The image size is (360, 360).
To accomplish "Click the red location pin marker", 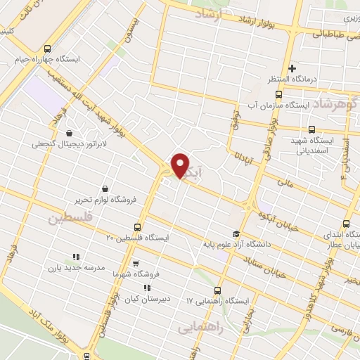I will pos(180,166).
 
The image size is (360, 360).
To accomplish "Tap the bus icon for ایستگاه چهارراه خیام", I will pos(47,49).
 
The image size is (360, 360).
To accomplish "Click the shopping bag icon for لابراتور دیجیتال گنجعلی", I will pos(69,133).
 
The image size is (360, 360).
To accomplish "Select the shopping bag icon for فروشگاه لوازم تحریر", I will pos(105,188).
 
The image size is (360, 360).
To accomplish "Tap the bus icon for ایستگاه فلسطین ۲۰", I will pos(137,227).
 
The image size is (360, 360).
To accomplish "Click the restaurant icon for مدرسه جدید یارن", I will pos(76,257).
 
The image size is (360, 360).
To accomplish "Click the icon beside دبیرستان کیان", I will pos(146,288).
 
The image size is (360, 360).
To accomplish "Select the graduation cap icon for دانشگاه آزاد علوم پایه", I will pos(236,234).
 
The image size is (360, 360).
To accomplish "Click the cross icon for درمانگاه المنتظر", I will pos(292,68).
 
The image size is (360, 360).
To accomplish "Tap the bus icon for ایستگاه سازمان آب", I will pos(278,94).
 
